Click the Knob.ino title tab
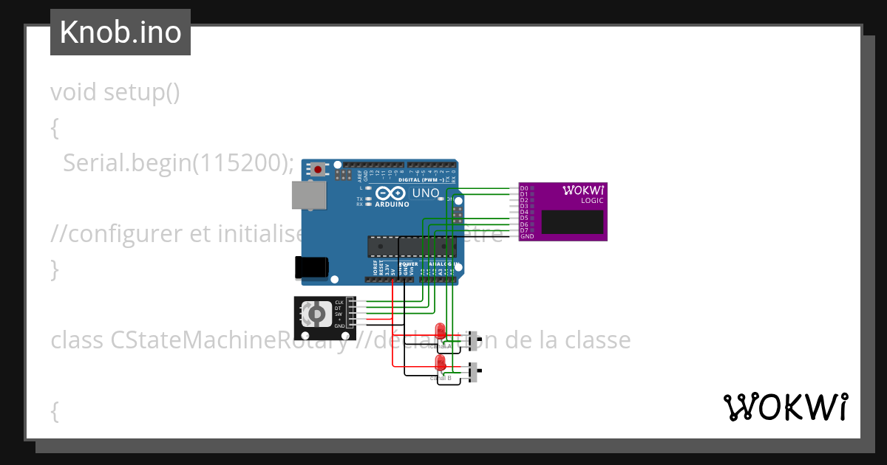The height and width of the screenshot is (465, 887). click(x=120, y=32)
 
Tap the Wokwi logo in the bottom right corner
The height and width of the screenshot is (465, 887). click(x=784, y=407)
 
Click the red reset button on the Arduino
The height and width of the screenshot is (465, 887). click(x=318, y=169)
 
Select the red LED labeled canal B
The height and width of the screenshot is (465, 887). click(x=441, y=362)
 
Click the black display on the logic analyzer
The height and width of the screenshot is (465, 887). click(x=572, y=221)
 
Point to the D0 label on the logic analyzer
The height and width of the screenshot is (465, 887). click(x=524, y=188)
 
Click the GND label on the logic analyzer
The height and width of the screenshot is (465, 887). click(x=526, y=236)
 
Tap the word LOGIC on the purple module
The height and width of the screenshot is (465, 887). click(x=591, y=201)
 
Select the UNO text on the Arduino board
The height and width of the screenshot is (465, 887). click(x=425, y=193)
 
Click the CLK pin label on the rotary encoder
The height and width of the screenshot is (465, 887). click(x=339, y=303)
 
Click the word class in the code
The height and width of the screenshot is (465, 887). click(x=78, y=340)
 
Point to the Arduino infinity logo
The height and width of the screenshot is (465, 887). click(x=392, y=193)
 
